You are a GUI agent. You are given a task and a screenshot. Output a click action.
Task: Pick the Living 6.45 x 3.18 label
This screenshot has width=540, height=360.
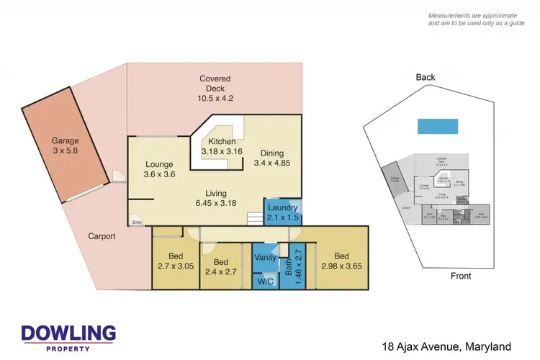215,199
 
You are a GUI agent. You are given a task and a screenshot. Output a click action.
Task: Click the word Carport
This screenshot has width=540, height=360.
102,236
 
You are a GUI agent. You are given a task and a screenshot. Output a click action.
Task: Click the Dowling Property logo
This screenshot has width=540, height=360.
68,337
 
